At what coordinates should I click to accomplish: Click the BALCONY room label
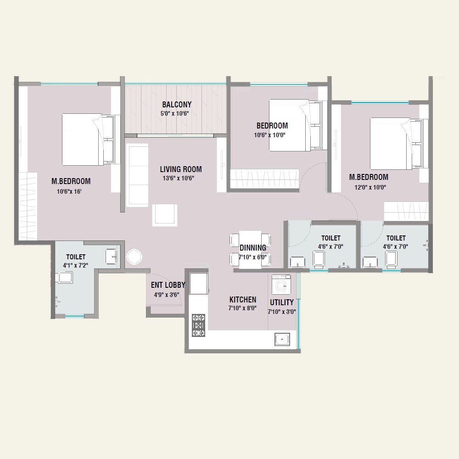click(177, 105)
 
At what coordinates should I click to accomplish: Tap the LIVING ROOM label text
click(181, 169)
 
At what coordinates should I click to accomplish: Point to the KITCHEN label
click(243, 300)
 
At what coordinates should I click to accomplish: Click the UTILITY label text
click(282, 302)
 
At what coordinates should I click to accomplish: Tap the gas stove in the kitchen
click(198, 325)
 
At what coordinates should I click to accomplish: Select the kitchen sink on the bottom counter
click(281, 340)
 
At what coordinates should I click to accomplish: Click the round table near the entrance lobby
click(135, 257)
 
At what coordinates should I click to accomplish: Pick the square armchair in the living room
click(164, 215)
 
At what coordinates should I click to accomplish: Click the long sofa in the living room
click(137, 175)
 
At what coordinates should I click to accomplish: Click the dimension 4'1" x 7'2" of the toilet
click(76, 265)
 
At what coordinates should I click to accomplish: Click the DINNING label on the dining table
click(252, 248)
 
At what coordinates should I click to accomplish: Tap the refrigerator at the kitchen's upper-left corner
click(199, 284)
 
